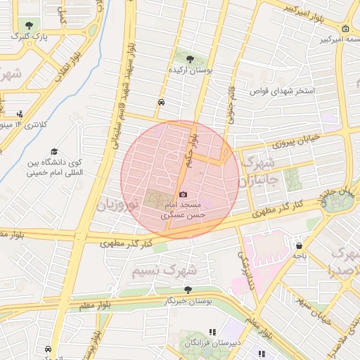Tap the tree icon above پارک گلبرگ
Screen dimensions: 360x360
tap(27, 25)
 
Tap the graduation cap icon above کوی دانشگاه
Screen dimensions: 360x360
tap(55, 152)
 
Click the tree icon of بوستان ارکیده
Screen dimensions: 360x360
tap(188, 58)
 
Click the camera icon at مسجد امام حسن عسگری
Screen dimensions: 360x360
tap(184, 194)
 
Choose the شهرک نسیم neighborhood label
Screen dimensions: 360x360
tap(166, 270)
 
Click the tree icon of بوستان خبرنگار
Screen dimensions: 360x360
tap(187, 289)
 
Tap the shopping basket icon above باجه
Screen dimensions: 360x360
tap(300, 247)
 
